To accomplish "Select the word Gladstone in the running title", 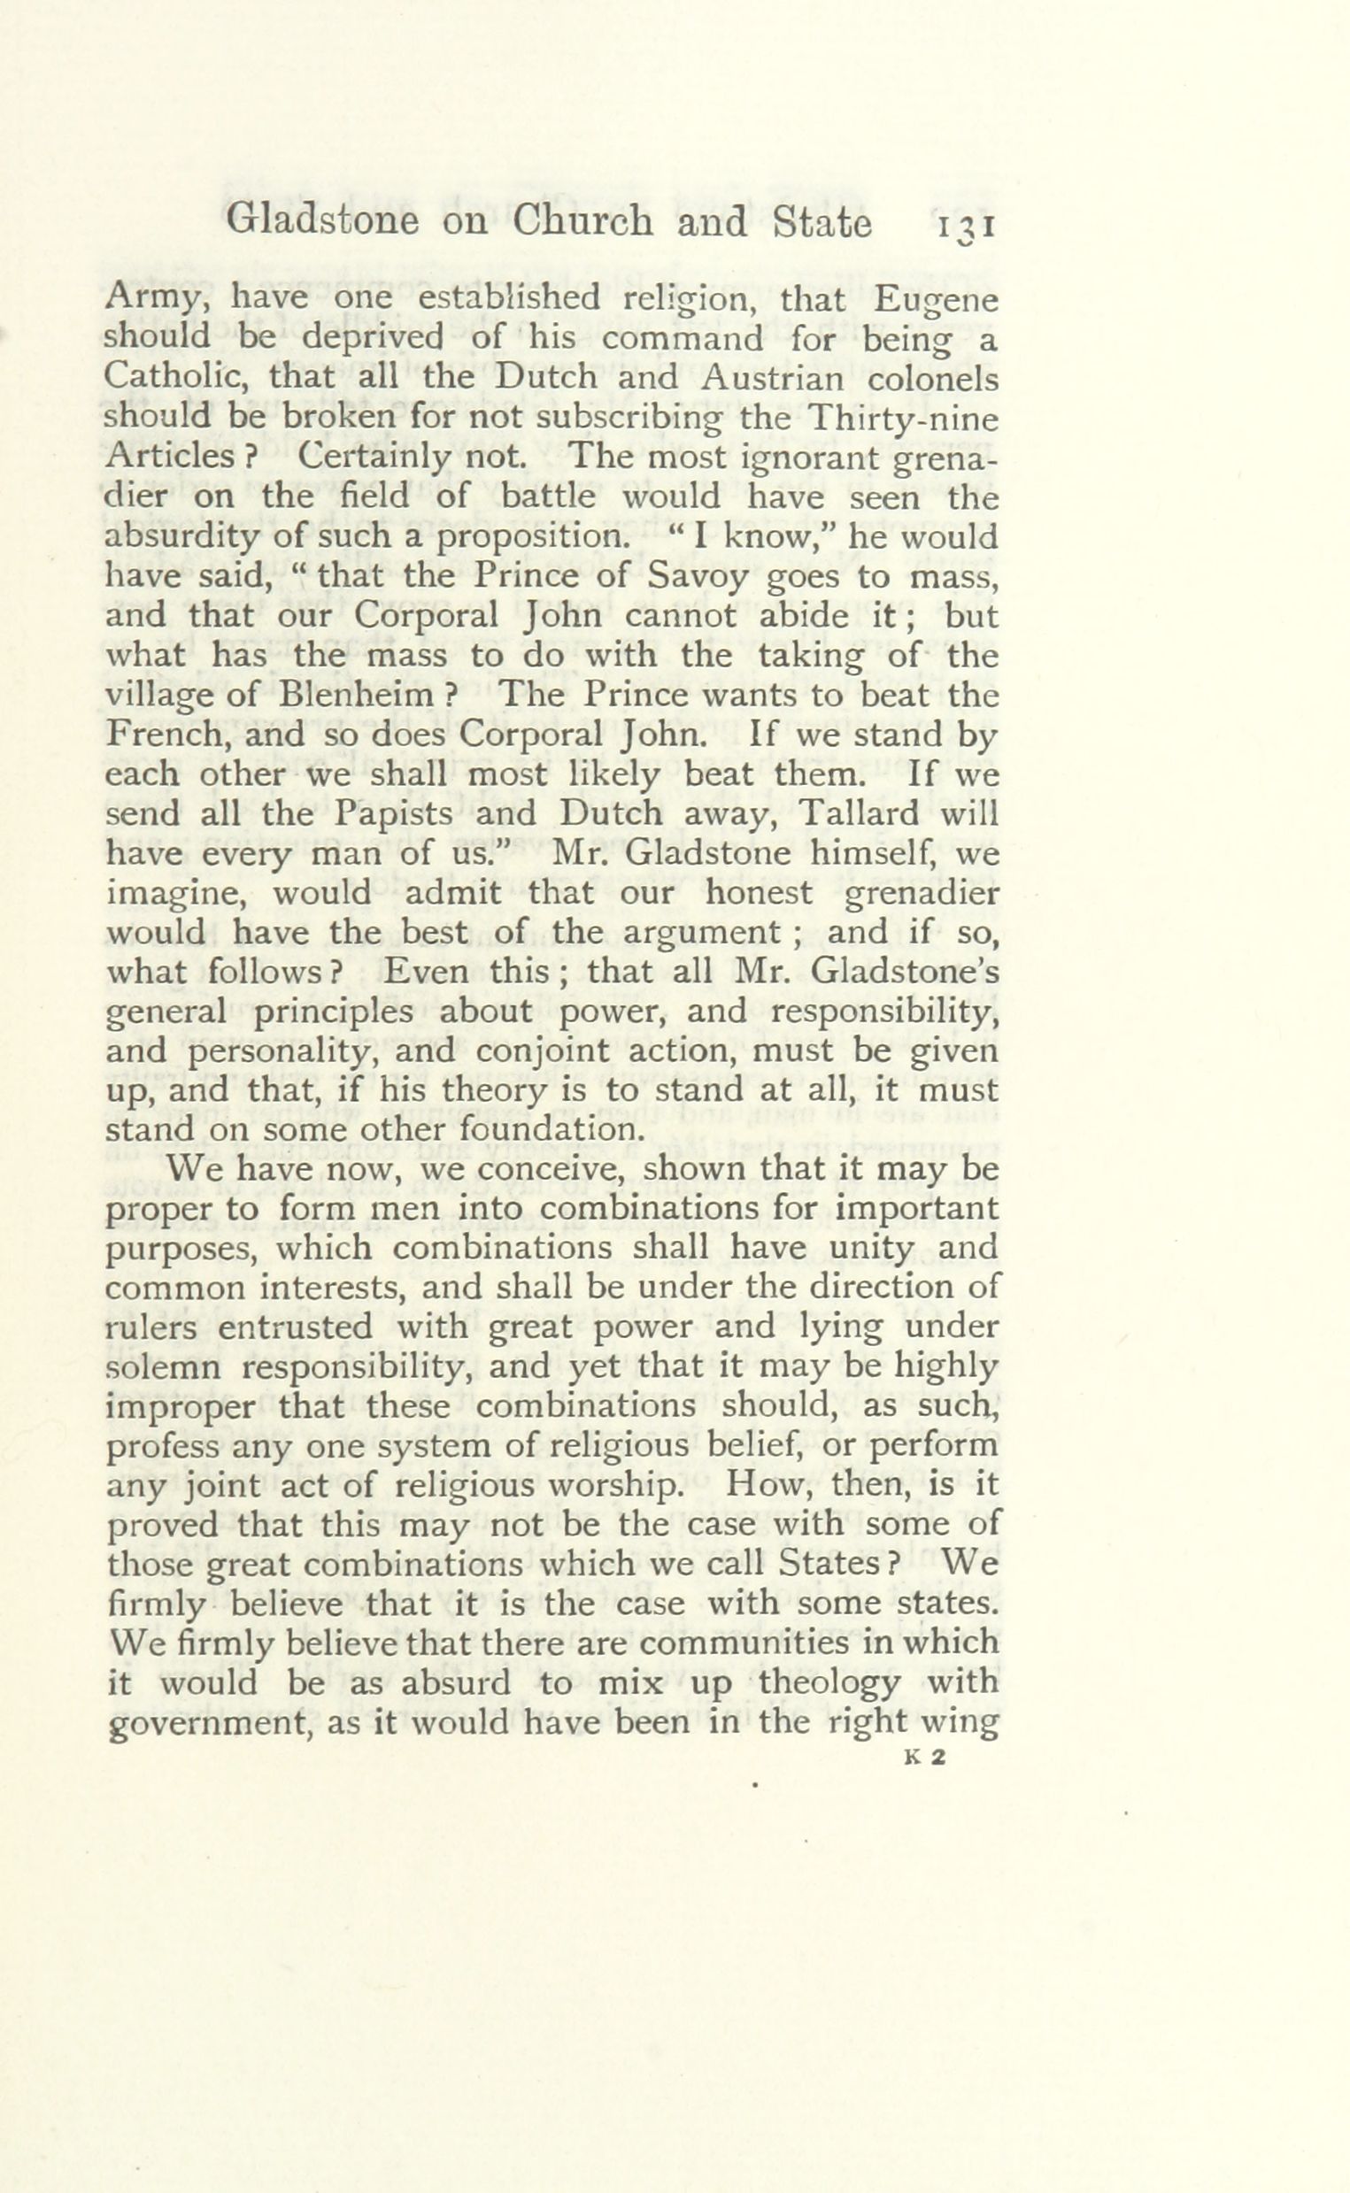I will click(322, 222).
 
